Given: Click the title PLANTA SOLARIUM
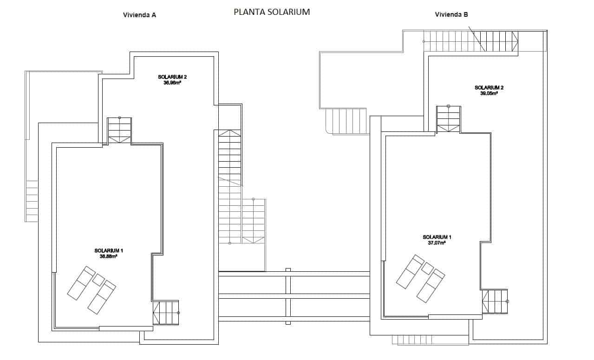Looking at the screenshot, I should click(x=272, y=13).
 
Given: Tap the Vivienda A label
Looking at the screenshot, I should click(x=139, y=15).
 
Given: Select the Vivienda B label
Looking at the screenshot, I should click(x=451, y=14).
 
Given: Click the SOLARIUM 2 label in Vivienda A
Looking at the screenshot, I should click(x=172, y=77).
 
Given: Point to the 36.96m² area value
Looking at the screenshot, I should click(x=172, y=83).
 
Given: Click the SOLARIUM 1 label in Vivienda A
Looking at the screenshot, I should click(x=109, y=250).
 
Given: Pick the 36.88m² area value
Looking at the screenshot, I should click(x=108, y=256).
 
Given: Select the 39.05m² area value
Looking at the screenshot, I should click(x=489, y=93).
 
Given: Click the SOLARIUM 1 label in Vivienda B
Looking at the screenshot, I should click(x=437, y=237).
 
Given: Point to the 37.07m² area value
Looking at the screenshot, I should click(x=437, y=242).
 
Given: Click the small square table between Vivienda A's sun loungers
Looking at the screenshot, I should click(x=98, y=280).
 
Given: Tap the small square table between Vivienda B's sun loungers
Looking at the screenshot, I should click(x=427, y=268).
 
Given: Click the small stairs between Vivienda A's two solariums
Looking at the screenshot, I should click(x=119, y=131).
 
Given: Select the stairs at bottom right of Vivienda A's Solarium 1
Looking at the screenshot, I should click(x=166, y=313).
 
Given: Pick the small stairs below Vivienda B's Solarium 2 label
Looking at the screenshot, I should click(x=449, y=119).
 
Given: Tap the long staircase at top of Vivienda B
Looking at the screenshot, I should click(x=470, y=41).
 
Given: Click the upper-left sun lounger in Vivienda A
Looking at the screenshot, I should click(x=81, y=282).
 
